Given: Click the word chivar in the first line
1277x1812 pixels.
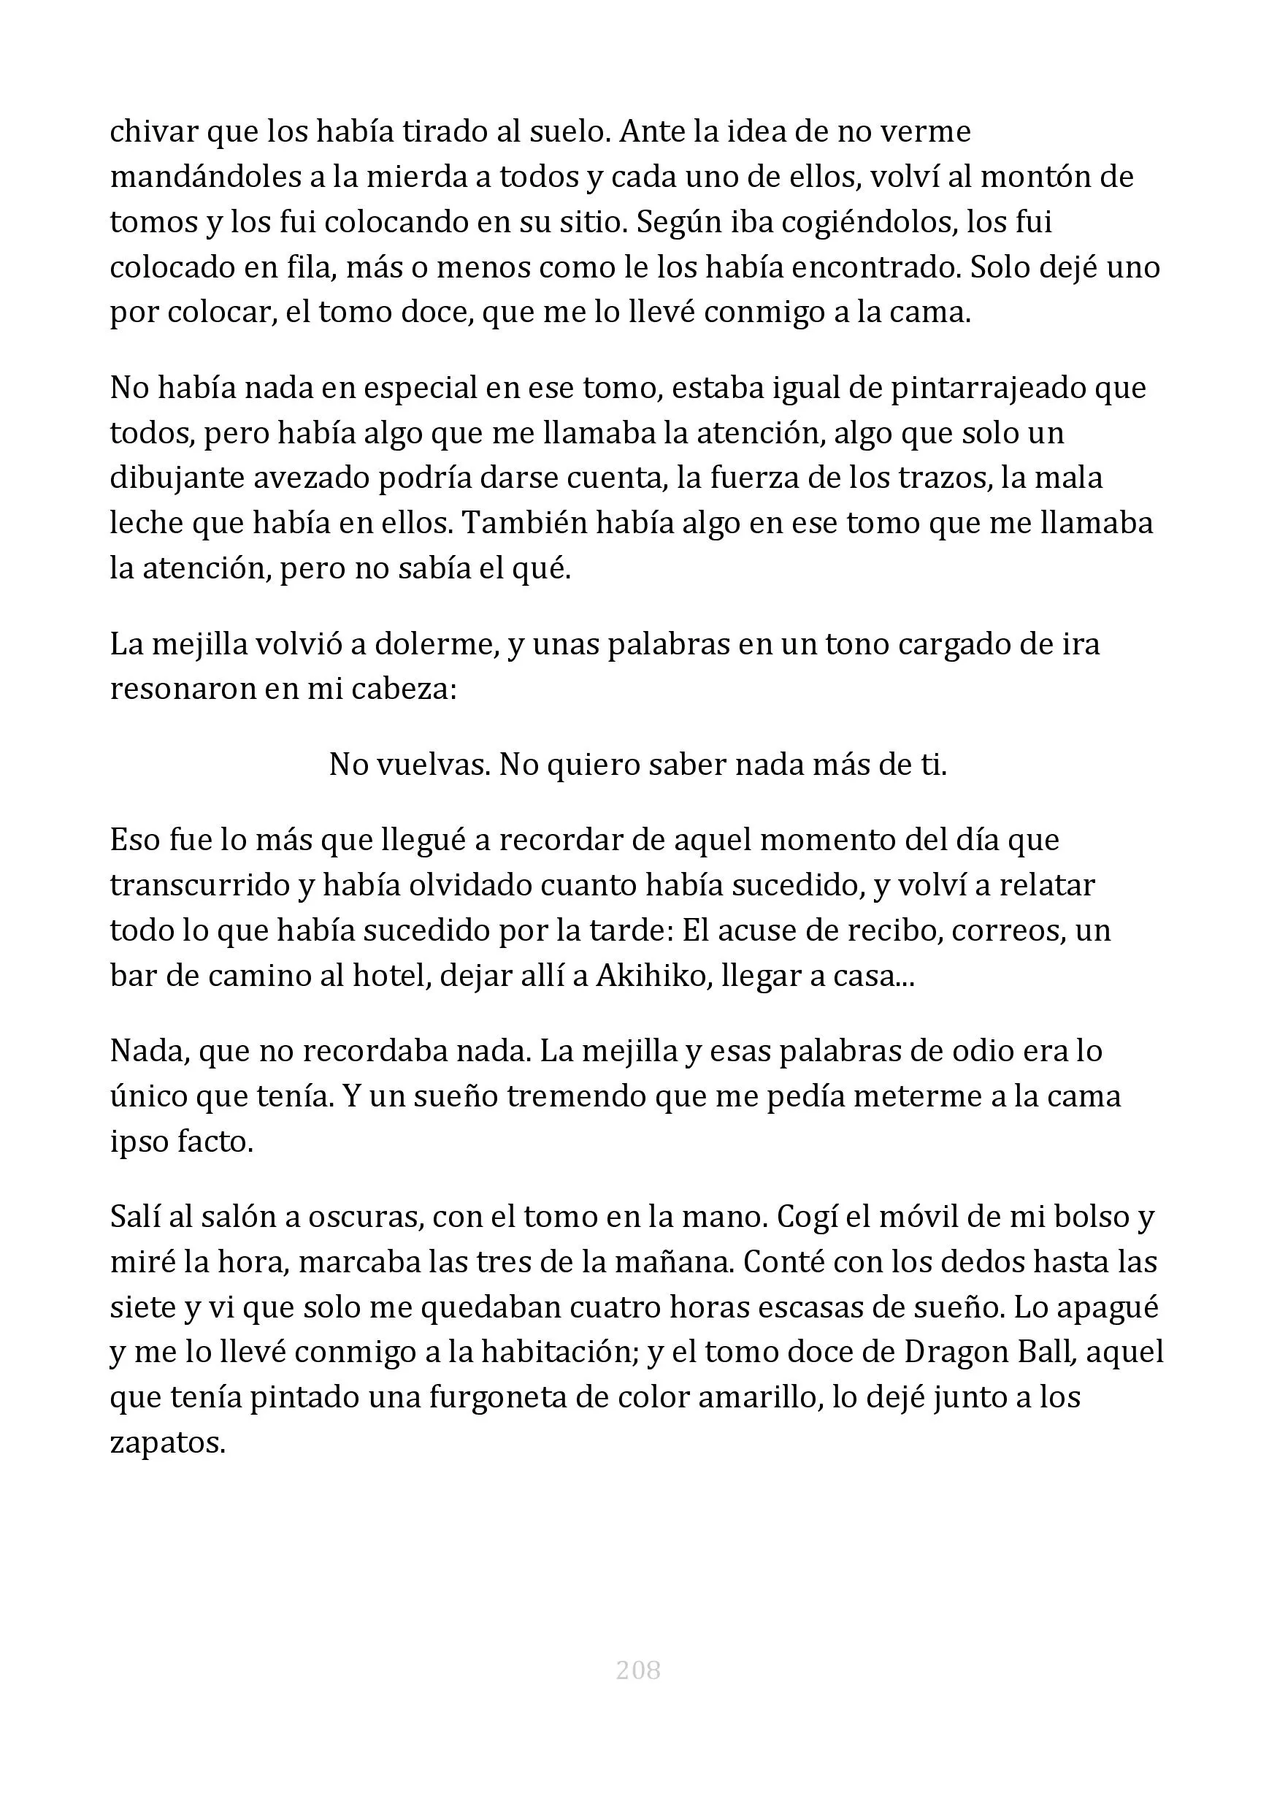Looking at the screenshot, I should click(x=154, y=131).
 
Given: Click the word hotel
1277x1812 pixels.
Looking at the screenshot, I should click(x=388, y=976).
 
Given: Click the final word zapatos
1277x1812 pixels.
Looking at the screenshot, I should click(x=167, y=1442).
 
